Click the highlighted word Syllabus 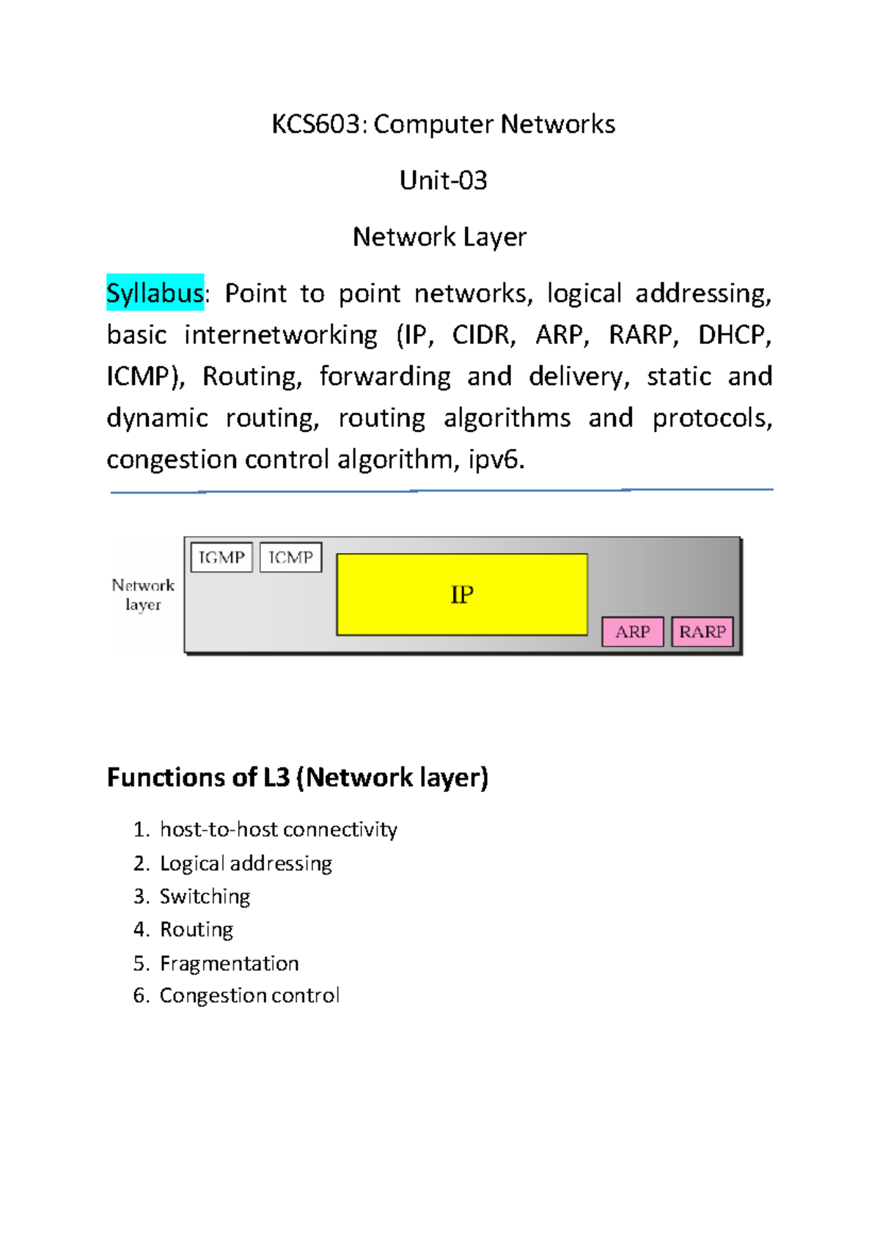click(155, 293)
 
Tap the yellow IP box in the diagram click(461, 594)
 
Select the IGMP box click(221, 557)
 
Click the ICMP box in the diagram click(290, 557)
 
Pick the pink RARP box click(702, 632)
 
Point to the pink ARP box click(632, 632)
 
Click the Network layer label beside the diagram click(143, 594)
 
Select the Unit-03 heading click(443, 180)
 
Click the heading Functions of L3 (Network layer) click(297, 777)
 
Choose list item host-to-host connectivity click(279, 830)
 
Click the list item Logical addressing click(246, 863)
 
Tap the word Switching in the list click(205, 896)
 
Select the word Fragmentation click(229, 963)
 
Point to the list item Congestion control click(249, 995)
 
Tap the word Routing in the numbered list click(197, 929)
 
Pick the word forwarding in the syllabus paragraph click(385, 376)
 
